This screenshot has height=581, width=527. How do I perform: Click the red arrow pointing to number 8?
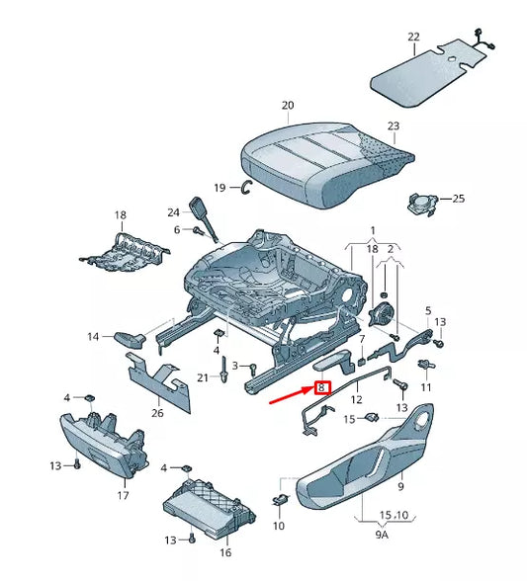click(290, 397)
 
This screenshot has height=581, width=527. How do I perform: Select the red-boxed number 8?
click(321, 388)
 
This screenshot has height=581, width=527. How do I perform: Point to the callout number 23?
click(393, 125)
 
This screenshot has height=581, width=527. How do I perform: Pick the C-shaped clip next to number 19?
click(247, 189)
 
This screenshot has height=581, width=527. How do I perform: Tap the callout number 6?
click(177, 229)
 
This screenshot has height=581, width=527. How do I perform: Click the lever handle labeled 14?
click(130, 339)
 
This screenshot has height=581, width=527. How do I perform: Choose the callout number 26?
click(157, 413)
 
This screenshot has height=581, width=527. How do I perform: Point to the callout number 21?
click(201, 378)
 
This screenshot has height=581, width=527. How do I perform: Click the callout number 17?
click(124, 495)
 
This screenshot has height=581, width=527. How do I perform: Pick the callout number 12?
click(358, 400)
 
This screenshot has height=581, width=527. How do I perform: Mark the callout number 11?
click(427, 386)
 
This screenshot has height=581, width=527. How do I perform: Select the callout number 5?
click(428, 311)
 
